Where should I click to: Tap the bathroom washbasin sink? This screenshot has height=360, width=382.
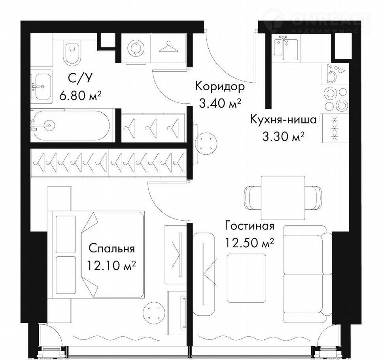pyautogui.click(x=42, y=86)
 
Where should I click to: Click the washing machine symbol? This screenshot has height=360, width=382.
pyautogui.click(x=136, y=47)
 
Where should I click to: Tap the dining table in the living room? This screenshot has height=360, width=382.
pyautogui.click(x=283, y=198)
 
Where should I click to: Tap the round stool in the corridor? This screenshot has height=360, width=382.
pyautogui.click(x=206, y=143)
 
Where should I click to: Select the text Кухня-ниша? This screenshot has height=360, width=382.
pyautogui.click(x=284, y=120)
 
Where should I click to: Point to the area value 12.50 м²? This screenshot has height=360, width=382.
pyautogui.click(x=249, y=243)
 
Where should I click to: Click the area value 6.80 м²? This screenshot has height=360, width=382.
pyautogui.click(x=80, y=96)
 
